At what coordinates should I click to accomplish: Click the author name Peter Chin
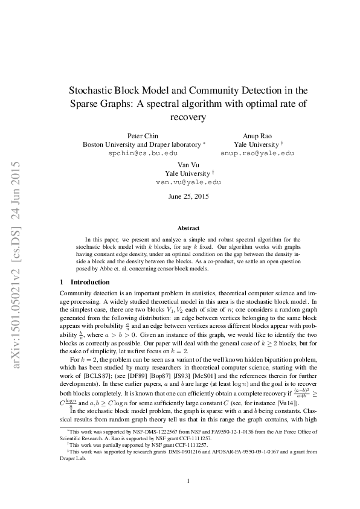point(143,136)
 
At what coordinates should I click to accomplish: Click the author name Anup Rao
point(257,136)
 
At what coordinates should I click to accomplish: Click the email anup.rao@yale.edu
point(257,153)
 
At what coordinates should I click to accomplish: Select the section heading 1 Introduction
point(85,282)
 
